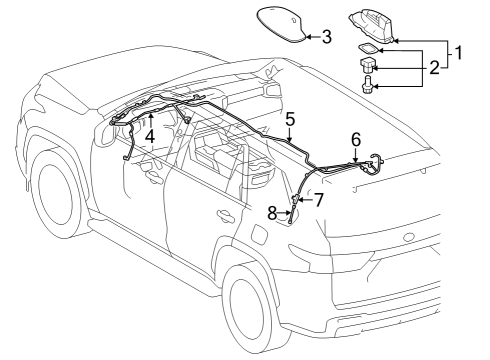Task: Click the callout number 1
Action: [459, 50]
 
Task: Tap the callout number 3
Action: [325, 38]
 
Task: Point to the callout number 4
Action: [149, 133]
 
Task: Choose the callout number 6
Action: [355, 139]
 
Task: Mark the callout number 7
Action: [319, 199]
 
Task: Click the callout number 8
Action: [271, 211]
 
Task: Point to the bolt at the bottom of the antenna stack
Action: [368, 88]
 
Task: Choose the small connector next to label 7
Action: [295, 200]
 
